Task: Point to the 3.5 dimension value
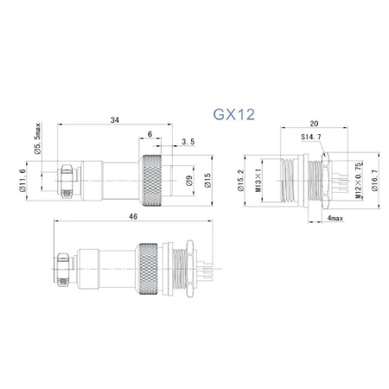pos(187,140)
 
